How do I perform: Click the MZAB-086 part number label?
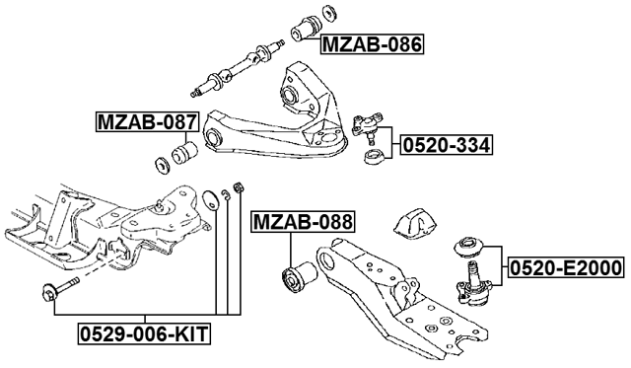click(x=371, y=43)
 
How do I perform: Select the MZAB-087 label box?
click(x=146, y=122)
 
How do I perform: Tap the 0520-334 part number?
click(x=445, y=146)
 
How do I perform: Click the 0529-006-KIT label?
click(x=145, y=335)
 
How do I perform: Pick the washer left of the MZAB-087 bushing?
click(x=158, y=161)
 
